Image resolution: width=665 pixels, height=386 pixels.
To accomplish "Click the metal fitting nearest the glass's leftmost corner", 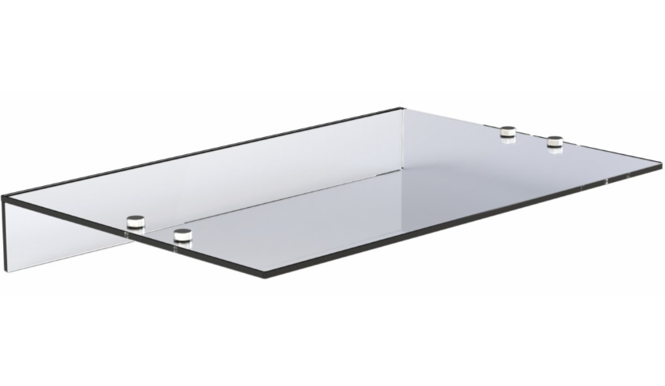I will (135, 223).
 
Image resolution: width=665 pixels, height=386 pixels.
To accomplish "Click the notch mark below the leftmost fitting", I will (128, 232).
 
